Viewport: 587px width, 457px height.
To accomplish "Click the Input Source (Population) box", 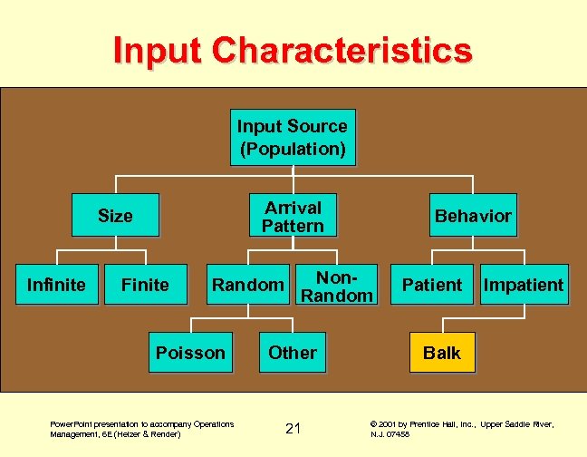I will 293,138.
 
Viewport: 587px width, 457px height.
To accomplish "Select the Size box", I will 115,216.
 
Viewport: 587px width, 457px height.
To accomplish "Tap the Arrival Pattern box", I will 293,216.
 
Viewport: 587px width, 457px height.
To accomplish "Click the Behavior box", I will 473,216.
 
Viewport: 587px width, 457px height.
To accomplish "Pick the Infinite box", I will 56,285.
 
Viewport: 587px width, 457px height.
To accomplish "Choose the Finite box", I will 145,285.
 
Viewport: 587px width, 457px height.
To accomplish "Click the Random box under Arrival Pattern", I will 247,285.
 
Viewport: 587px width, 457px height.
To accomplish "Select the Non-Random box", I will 336,286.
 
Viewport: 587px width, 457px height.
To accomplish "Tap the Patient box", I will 431,285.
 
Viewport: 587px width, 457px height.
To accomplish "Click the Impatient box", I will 524,285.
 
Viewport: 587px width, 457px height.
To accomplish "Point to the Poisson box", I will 190,353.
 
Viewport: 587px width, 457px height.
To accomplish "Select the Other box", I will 293,353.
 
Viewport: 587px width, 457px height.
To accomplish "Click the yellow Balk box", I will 442,353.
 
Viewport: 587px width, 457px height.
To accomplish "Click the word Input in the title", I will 159,50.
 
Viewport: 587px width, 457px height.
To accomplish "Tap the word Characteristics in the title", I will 343,50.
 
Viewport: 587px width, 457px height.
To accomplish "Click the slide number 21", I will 293,428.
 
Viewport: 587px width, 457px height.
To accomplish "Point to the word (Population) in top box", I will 293,149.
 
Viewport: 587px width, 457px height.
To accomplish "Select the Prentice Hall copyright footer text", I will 462,429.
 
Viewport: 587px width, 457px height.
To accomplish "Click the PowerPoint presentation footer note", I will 141,429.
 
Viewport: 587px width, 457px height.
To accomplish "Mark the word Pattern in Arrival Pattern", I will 293,226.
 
